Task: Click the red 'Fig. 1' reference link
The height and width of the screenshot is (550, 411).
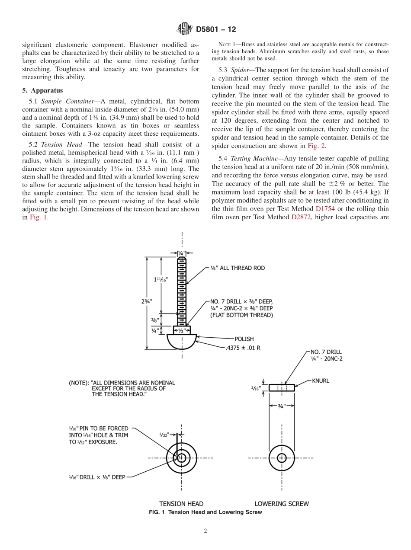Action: click(x=39, y=217)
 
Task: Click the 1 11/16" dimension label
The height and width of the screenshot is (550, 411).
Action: click(x=161, y=279)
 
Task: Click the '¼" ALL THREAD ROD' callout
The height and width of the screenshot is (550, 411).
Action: click(x=238, y=268)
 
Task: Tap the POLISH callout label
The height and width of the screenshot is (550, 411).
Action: click(x=244, y=339)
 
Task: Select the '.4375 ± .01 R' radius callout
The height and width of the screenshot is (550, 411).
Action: click(x=243, y=347)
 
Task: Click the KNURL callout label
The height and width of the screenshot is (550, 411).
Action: click(x=321, y=381)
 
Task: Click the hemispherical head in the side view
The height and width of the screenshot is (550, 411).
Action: click(x=182, y=341)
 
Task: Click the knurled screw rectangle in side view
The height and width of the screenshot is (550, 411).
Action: click(x=282, y=387)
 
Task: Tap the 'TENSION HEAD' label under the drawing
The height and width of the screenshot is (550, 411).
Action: click(x=181, y=504)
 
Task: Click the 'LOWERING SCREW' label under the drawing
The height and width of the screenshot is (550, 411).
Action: click(x=282, y=504)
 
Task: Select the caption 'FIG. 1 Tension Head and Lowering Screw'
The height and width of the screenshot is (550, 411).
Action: click(x=205, y=512)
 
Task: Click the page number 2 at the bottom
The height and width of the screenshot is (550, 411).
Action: click(x=205, y=531)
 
